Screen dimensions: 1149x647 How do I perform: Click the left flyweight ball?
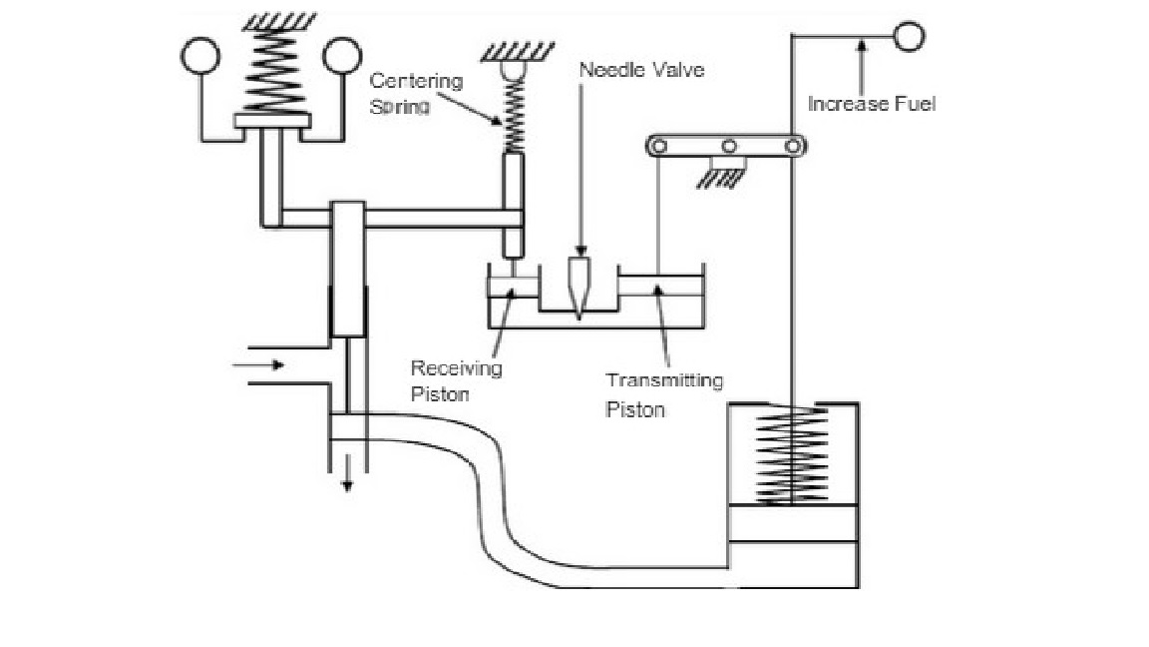[200, 56]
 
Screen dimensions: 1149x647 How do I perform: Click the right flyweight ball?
[342, 56]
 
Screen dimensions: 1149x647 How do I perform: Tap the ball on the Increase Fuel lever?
[909, 36]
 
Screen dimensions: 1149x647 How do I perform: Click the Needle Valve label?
[642, 71]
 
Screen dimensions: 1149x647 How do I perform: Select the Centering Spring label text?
[416, 93]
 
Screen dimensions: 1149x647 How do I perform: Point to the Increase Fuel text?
[872, 104]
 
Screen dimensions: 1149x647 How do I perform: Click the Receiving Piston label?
[456, 380]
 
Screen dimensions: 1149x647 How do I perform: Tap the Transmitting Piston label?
[664, 394]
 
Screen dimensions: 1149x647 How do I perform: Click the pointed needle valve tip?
[578, 317]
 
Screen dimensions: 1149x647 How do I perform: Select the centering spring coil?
[515, 114]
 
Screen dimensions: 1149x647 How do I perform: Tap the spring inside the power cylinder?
[792, 455]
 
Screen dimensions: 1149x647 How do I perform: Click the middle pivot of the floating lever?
[728, 147]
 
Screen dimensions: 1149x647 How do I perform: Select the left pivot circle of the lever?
[659, 147]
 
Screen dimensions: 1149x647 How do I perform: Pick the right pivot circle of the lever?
[792, 147]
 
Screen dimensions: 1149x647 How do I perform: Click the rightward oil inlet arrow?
[258, 364]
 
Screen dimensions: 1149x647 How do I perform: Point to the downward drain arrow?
[347, 473]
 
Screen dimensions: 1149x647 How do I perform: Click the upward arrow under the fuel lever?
[862, 66]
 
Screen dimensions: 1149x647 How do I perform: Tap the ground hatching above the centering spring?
[518, 51]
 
